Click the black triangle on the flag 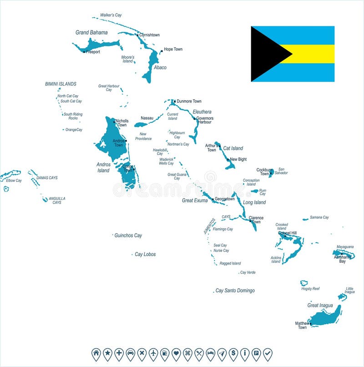tap(266, 54)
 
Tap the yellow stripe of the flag tap(314, 54)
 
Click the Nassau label tap(147, 118)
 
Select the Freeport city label tap(93, 52)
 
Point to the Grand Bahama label tap(91, 32)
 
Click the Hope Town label tap(173, 49)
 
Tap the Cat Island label tap(233, 148)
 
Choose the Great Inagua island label tap(320, 306)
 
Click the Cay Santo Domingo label tap(235, 291)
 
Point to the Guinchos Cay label tap(128, 235)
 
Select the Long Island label tap(254, 202)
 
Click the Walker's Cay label tap(111, 15)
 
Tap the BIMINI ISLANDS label tap(61, 84)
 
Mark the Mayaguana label tap(345, 247)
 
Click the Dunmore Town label tap(189, 101)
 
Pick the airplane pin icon tap(153, 353)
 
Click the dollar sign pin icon tap(233, 353)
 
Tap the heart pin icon tap(176, 353)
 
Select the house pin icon tap(96, 353)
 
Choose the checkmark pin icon tap(268, 353)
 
